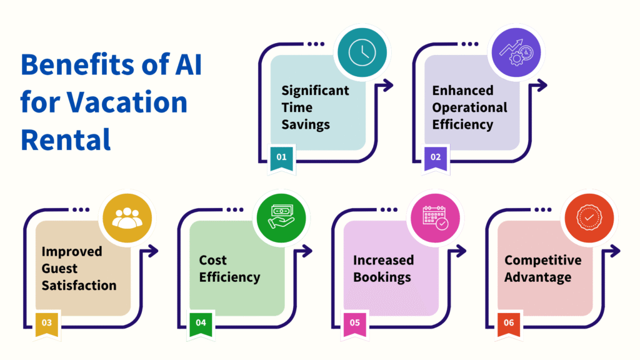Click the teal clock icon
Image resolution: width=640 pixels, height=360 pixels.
(362, 52)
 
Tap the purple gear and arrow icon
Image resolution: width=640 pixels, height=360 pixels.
(516, 52)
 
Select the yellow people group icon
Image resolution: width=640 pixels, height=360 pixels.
(127, 218)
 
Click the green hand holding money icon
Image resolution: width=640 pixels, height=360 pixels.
(281, 218)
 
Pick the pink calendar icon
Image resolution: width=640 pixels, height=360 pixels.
(435, 218)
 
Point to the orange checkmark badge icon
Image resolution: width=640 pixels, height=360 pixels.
(589, 218)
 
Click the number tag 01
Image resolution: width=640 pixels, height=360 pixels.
(281, 158)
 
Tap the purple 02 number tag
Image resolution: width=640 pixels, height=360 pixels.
(436, 158)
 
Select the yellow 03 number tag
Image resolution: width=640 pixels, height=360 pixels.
(46, 324)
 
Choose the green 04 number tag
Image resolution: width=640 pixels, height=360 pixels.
(201, 324)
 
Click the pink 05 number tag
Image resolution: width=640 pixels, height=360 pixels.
(355, 324)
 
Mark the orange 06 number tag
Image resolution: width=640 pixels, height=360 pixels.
(509, 324)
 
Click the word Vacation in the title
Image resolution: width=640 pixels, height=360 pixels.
(127, 102)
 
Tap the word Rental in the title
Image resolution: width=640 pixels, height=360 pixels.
(66, 139)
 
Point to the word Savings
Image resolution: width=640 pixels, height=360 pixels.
(305, 124)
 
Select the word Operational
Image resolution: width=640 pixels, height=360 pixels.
(469, 107)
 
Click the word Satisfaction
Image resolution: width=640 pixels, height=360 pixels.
(79, 285)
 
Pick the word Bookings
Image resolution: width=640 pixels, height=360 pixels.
(382, 277)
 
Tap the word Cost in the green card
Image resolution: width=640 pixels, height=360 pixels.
(212, 260)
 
